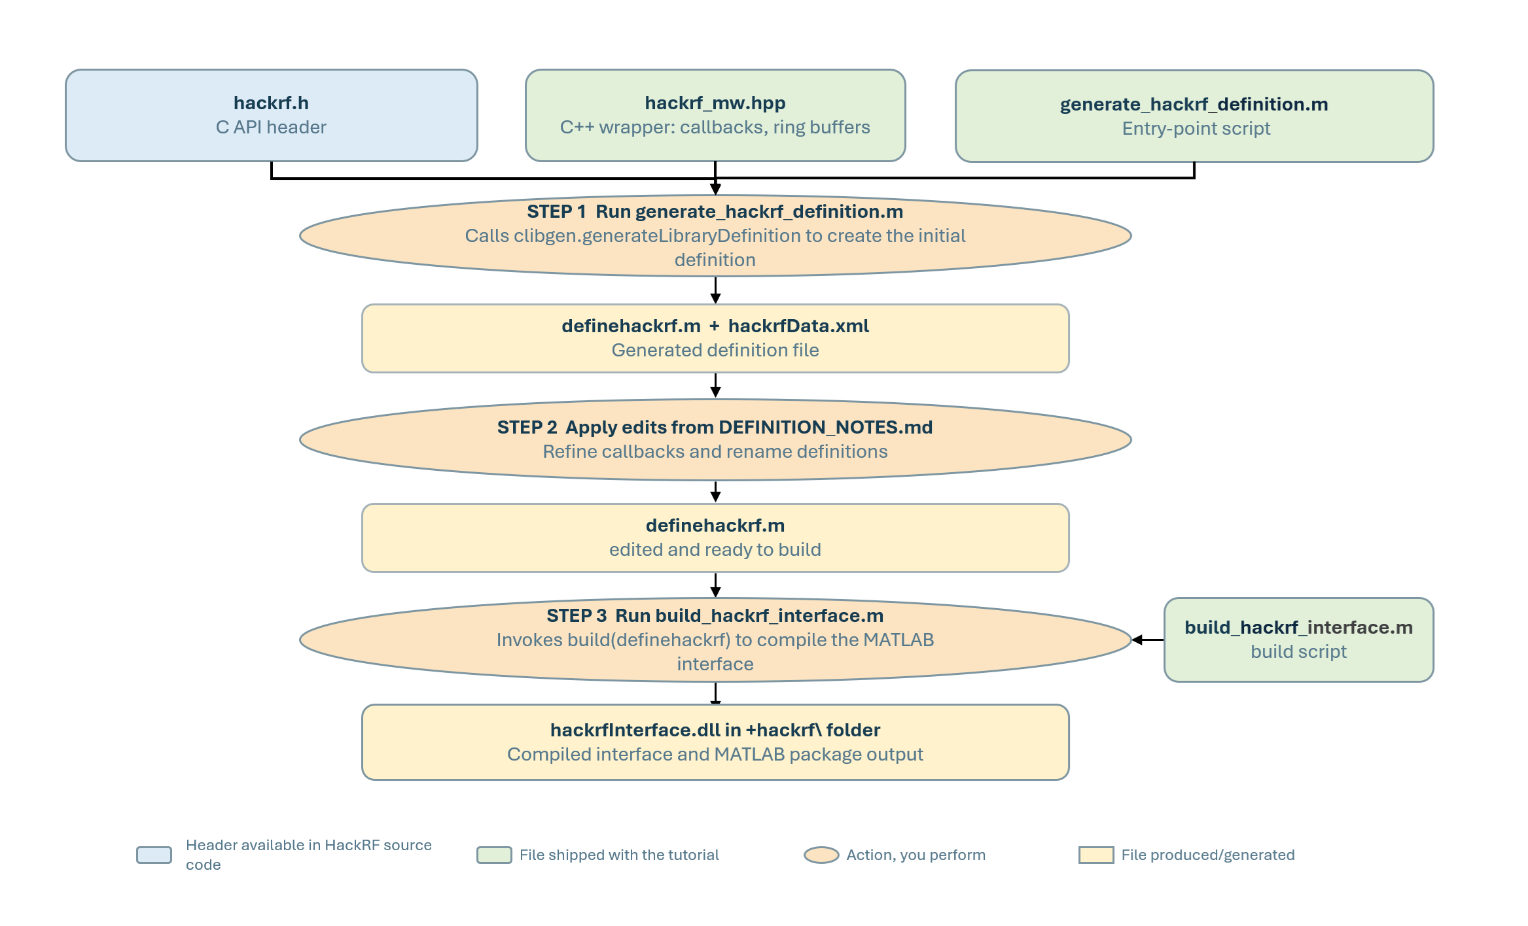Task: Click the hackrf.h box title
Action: pyautogui.click(x=271, y=103)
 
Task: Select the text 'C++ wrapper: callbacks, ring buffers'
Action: pyautogui.click(x=715, y=128)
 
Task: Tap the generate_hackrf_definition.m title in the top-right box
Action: pyautogui.click(x=1194, y=105)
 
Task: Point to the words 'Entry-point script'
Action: pyautogui.click(x=1196, y=129)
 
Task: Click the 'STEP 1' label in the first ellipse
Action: pyautogui.click(x=556, y=212)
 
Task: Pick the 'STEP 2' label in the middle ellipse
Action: pyautogui.click(x=527, y=428)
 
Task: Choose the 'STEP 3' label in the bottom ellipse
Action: pyautogui.click(x=577, y=616)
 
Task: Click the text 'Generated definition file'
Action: pyautogui.click(x=715, y=351)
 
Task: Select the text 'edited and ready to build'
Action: pyautogui.click(x=715, y=550)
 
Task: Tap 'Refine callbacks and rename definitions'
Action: pyautogui.click(x=715, y=452)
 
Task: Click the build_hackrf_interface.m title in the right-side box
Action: pyautogui.click(x=1298, y=628)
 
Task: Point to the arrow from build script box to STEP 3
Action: pyautogui.click(x=1148, y=640)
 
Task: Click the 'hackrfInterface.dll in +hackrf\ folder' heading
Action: pyautogui.click(x=715, y=730)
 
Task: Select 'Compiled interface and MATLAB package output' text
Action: pyautogui.click(x=715, y=755)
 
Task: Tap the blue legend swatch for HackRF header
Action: pyautogui.click(x=154, y=855)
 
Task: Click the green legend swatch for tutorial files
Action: pyautogui.click(x=494, y=855)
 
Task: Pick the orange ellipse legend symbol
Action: pyautogui.click(x=821, y=855)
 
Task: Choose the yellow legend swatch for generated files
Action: pyautogui.click(x=1096, y=855)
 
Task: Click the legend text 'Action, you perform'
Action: pyautogui.click(x=915, y=855)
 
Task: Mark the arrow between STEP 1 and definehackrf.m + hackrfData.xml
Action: pyautogui.click(x=715, y=290)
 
